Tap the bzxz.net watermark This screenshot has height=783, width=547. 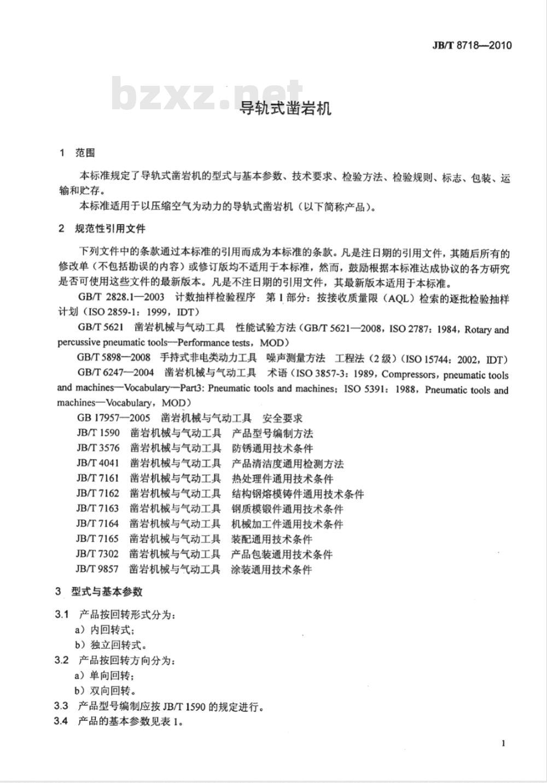coord(207,94)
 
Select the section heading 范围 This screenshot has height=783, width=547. coord(85,153)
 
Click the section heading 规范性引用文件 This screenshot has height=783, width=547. coord(110,228)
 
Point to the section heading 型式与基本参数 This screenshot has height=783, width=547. coord(107,591)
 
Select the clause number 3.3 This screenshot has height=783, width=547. coord(61,706)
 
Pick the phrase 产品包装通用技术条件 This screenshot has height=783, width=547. coord(282,555)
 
